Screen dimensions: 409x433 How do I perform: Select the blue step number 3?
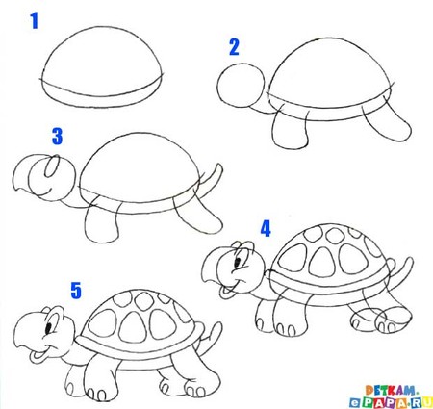click(x=56, y=137)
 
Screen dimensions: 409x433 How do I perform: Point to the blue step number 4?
click(x=267, y=228)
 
